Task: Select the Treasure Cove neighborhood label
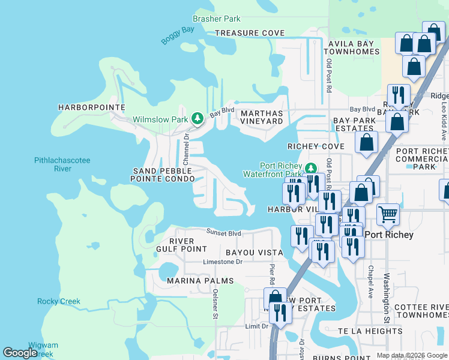tap(250, 33)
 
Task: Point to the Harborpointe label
tap(91, 107)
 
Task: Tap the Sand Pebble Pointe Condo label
tap(164, 175)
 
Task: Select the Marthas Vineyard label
tap(261, 117)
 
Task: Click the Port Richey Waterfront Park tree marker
tap(310, 167)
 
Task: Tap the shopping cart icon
tap(388, 214)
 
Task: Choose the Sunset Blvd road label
tap(223, 233)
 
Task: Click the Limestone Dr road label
tap(222, 262)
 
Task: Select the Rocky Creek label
tap(59, 301)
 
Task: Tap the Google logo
tap(20, 352)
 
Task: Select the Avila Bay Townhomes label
tap(352, 48)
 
